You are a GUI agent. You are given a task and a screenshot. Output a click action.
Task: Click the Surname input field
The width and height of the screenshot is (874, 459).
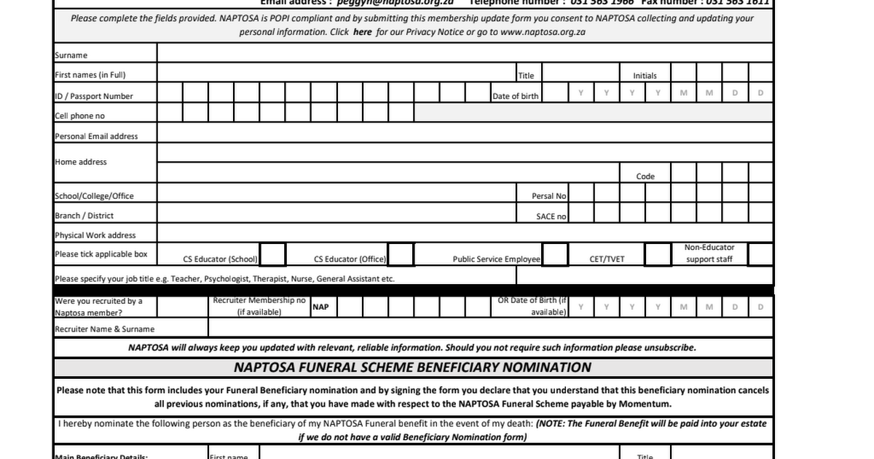[465, 53]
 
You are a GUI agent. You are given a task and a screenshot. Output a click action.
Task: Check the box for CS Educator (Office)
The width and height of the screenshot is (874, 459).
[401, 255]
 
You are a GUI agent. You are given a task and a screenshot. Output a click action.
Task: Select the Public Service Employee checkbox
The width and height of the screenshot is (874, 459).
[555, 255]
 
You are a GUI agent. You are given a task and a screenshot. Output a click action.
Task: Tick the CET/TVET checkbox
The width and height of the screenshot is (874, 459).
[658, 255]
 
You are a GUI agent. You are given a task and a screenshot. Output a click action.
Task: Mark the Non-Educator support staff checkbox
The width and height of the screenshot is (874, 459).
[760, 255]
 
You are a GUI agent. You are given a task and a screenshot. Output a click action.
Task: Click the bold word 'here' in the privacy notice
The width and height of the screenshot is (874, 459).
[362, 32]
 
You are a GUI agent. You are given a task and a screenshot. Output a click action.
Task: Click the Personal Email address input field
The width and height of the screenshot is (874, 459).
[465, 133]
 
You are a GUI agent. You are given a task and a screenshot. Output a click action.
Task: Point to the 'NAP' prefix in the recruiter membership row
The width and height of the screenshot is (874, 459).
[320, 307]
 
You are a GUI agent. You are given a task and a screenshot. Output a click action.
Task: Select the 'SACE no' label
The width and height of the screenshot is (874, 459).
[551, 216]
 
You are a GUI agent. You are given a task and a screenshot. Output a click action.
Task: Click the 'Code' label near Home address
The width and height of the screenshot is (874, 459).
[645, 176]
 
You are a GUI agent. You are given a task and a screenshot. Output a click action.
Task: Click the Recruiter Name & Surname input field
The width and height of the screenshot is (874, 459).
[489, 328]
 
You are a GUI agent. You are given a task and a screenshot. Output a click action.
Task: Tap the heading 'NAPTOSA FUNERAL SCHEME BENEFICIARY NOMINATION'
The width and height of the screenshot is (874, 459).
[413, 367]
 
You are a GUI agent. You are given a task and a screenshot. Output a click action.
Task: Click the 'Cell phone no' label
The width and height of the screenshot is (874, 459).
[80, 116]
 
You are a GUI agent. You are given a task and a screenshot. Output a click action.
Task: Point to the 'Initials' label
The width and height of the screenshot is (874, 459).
[645, 76]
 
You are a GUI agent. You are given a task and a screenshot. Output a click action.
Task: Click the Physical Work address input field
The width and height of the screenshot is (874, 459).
[465, 233]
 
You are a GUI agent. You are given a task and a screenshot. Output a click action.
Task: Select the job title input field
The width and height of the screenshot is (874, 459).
[644, 275]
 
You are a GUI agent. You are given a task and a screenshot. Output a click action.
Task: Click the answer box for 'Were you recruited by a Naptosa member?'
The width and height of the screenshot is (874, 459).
[182, 307]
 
